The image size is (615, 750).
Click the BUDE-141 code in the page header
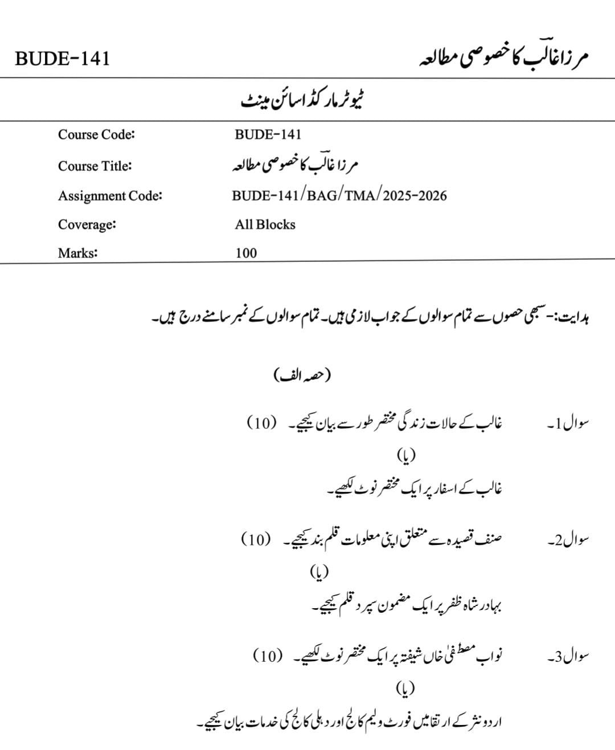point(61,59)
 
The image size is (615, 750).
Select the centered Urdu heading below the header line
point(302,101)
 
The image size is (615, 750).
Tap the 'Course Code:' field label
point(96,135)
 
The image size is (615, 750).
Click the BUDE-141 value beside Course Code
point(268,135)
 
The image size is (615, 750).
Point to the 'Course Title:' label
point(95,166)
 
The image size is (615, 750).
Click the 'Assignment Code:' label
point(110,196)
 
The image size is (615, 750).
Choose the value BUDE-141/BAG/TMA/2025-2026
point(339,196)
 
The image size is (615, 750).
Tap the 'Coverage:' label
point(87,224)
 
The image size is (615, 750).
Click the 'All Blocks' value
point(265,224)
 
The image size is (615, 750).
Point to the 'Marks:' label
point(77,253)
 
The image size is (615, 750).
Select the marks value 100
point(246,253)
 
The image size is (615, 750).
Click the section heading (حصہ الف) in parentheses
point(302,375)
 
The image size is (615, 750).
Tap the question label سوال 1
point(568,424)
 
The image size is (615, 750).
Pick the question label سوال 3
point(568,657)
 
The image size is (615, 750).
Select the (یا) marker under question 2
point(319,571)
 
